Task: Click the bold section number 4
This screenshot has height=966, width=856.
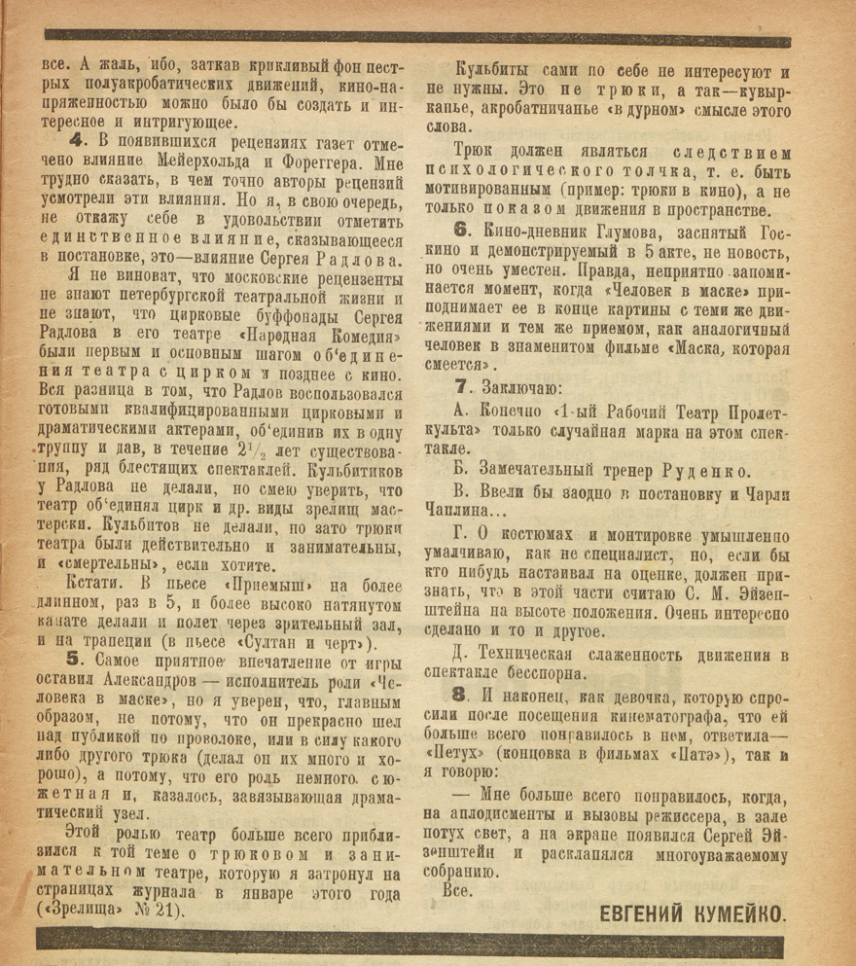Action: click(74, 144)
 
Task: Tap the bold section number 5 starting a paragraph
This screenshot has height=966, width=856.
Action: click(74, 662)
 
